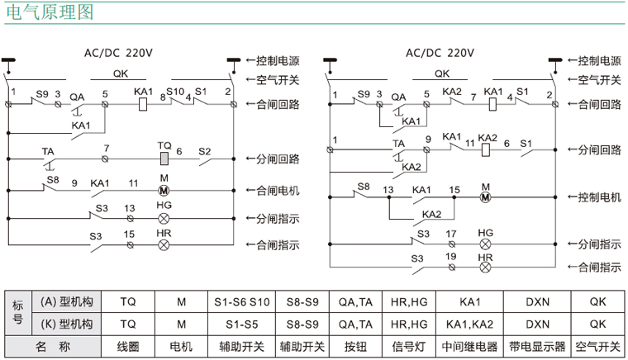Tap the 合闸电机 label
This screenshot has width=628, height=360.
coord(278,190)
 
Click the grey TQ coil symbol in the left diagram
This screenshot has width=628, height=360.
coord(164,158)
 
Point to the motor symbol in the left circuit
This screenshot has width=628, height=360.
coord(164,190)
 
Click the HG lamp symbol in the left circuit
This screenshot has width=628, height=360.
coord(164,219)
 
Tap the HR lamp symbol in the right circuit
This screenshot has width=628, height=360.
coord(485,267)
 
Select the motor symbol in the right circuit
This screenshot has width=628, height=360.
coord(485,197)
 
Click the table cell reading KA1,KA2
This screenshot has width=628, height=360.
coord(469,323)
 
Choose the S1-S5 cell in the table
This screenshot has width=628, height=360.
coord(242,323)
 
